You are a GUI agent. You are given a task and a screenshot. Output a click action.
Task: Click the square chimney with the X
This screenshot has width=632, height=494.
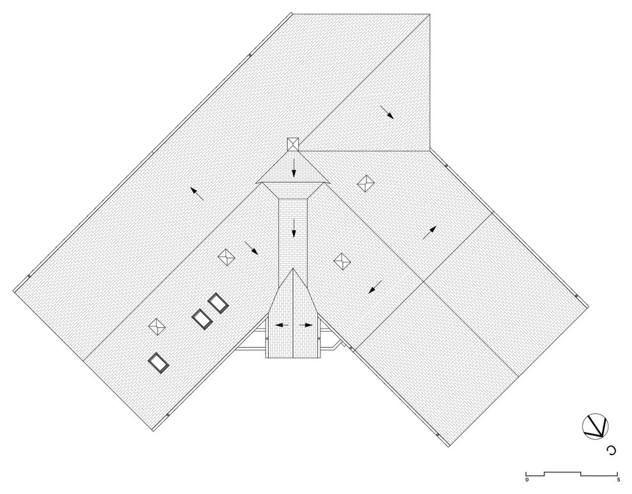293,144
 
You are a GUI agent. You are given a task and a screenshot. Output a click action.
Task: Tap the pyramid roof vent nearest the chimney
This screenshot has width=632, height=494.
366,183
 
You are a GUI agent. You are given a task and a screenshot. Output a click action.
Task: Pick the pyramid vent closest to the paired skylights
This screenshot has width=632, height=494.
226,257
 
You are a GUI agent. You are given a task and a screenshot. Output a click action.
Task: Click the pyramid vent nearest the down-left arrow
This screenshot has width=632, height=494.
342,262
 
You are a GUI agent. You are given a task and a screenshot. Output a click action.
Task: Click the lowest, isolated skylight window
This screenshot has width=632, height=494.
158,363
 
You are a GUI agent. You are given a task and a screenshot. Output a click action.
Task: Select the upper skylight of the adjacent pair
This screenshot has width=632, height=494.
218,303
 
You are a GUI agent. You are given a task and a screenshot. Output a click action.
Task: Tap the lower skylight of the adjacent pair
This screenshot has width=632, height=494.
202,319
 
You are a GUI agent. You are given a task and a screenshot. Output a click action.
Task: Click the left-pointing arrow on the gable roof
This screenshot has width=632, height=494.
282,325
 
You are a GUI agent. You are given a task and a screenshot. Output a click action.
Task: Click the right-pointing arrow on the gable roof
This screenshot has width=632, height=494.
306,325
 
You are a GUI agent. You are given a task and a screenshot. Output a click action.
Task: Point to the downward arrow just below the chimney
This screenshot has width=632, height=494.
294,168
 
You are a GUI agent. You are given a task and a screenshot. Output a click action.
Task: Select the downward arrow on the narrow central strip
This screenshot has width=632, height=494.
294,227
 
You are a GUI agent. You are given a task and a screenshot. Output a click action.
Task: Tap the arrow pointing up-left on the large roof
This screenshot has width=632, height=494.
197,193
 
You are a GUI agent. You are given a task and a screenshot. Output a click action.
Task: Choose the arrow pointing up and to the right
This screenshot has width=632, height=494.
429,233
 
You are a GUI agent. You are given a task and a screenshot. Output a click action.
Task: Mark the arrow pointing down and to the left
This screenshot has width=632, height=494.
375,287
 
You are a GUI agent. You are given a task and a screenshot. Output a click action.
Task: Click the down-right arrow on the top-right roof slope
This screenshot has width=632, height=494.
387,112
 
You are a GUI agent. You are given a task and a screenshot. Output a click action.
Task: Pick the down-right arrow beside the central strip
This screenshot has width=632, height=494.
251,248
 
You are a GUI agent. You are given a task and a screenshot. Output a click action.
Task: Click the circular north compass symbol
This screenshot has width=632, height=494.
596,426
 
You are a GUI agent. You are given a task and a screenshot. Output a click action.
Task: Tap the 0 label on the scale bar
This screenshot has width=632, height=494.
527,480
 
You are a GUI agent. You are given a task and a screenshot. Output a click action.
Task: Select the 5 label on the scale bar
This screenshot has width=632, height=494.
618,480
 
